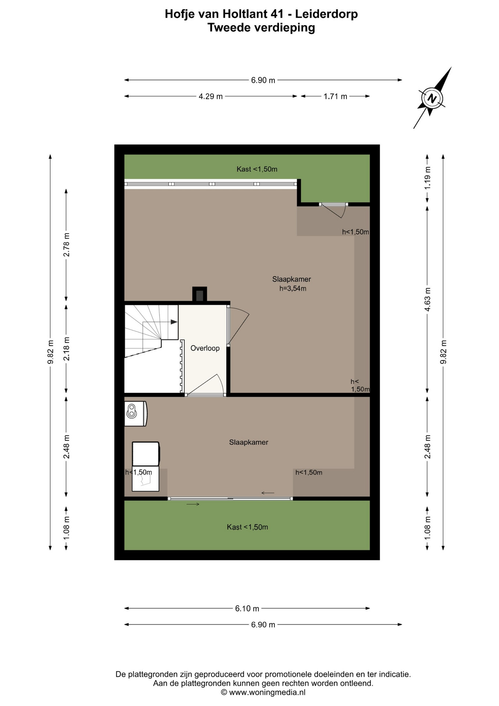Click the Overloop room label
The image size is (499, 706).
tap(205, 348)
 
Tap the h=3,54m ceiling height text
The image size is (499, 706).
tap(293, 289)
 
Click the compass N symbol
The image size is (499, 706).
tap(432, 98)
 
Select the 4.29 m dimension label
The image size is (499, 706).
tap(211, 96)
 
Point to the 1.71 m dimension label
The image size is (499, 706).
tap(335, 96)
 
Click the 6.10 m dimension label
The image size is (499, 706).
tap(247, 609)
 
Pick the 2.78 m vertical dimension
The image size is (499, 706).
tap(66, 245)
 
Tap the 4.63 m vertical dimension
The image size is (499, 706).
tap(427, 299)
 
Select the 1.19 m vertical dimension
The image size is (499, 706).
tap(427, 178)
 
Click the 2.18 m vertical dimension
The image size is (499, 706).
tap(66, 349)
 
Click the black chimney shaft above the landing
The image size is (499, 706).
tap(200, 295)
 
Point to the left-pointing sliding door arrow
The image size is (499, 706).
tap(268, 493)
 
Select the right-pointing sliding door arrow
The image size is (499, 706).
tap(193, 504)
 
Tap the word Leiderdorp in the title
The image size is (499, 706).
tap(326, 14)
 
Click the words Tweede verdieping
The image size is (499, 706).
tap(261, 28)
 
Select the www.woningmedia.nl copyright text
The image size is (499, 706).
tap(263, 692)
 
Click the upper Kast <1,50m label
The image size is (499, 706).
tap(257, 169)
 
